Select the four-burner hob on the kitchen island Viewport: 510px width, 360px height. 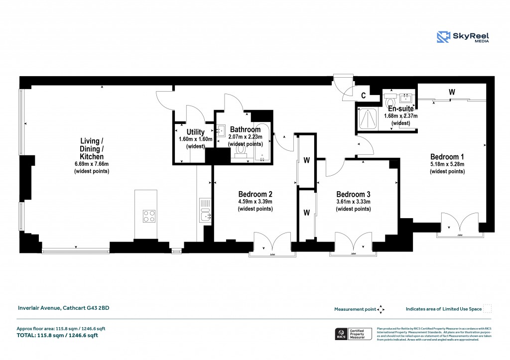pyautogui.click(x=149, y=216)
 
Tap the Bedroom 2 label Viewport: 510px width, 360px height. pyautogui.click(x=255, y=194)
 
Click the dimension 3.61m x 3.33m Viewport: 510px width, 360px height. pyautogui.click(x=353, y=202)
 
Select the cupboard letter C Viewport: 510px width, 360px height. pyautogui.click(x=364, y=95)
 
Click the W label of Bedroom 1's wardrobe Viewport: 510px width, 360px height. pyautogui.click(x=452, y=92)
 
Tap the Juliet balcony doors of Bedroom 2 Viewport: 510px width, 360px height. pyautogui.click(x=272, y=243)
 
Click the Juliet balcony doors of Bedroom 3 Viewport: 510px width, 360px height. pyautogui.click(x=353, y=243)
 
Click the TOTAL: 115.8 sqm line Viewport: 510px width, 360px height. pyautogui.click(x=57, y=336)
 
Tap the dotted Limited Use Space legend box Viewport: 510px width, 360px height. pyautogui.click(x=488, y=309)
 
